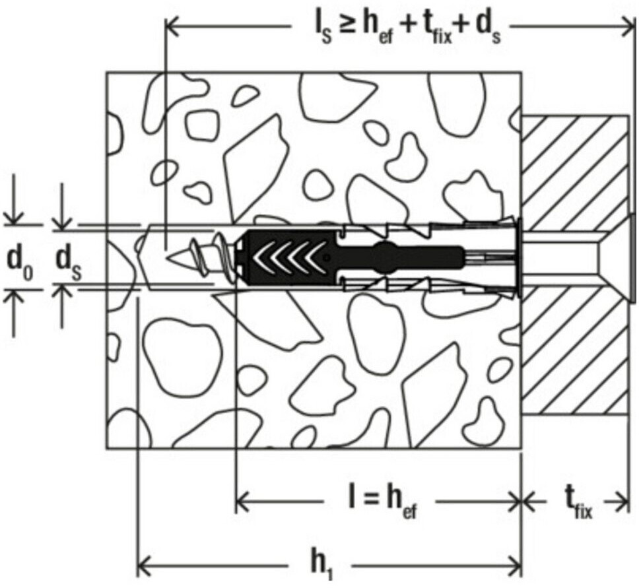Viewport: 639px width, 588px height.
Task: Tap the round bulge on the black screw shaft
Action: point(385,255)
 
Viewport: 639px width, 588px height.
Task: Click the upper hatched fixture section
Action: point(574,168)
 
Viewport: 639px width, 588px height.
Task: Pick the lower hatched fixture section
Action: point(574,356)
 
